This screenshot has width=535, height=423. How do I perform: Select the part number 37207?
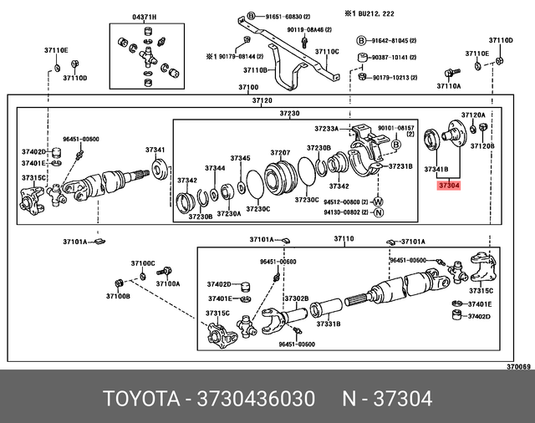pyautogui.click(x=280, y=152)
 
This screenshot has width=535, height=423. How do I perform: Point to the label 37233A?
pyautogui.click(x=327, y=129)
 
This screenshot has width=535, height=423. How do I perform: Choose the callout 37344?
pyautogui.click(x=215, y=168)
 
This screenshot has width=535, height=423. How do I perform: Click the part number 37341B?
pyautogui.click(x=436, y=168)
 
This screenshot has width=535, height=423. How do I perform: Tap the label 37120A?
pyautogui.click(x=473, y=115)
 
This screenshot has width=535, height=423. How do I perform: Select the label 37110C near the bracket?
pyautogui.click(x=327, y=52)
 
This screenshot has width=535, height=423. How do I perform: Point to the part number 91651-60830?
pyautogui.click(x=284, y=17)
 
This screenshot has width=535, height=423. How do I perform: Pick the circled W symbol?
pyautogui.click(x=379, y=201)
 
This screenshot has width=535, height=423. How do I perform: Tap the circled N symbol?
pyautogui.click(x=379, y=213)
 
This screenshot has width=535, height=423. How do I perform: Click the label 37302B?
pyautogui.click(x=296, y=298)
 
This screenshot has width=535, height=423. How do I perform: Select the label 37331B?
pyautogui.click(x=326, y=323)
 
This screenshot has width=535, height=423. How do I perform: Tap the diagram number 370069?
pyautogui.click(x=517, y=366)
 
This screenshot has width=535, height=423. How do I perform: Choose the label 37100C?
pyautogui.click(x=143, y=263)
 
